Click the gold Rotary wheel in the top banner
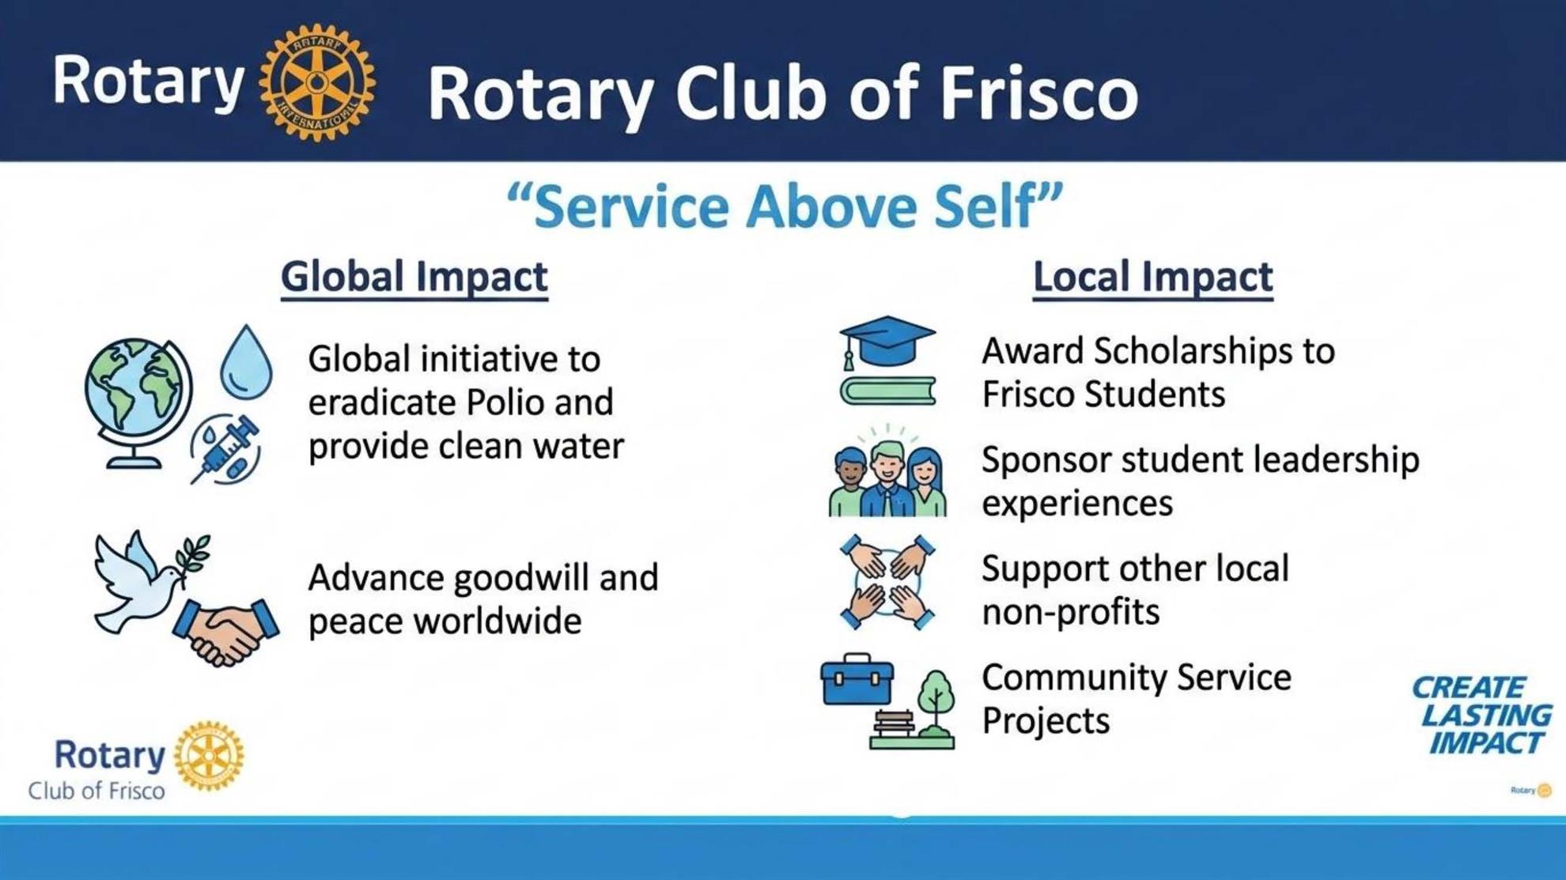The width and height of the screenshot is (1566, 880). coord(317,82)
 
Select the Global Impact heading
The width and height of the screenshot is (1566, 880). coord(414,278)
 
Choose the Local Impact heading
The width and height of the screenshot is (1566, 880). coord(1153,278)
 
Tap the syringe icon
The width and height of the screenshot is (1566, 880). coord(225,449)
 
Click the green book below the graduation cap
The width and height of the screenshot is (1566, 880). coord(887,391)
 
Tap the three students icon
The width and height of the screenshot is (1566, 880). coord(887,473)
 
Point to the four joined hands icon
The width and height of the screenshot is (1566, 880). coord(887,583)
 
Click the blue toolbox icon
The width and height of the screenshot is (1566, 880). coord(857,679)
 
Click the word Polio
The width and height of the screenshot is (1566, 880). coord(504,402)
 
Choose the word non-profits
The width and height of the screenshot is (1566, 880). coord(1070,612)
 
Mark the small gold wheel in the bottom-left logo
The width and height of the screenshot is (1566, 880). coord(209,756)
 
